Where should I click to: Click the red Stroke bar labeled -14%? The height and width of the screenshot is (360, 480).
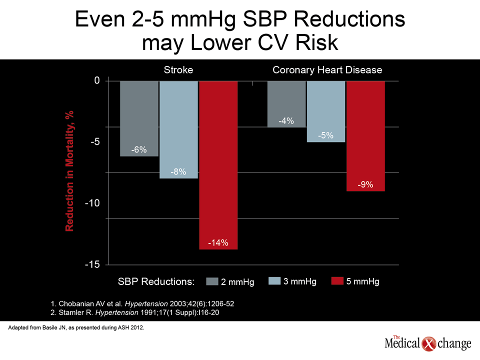coord(218,165)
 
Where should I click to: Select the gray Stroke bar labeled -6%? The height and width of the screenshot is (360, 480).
coord(139,118)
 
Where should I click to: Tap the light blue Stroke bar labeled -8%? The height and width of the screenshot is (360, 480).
coord(179,129)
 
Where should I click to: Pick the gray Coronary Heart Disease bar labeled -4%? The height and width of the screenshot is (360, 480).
coord(286,104)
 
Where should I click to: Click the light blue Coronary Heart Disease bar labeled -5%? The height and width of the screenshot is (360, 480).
coord(326,111)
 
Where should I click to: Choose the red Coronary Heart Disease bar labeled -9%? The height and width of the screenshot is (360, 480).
coord(365,136)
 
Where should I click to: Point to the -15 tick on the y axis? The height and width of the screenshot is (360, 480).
coord(92,264)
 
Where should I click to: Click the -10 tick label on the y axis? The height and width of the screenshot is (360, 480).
coord(92,203)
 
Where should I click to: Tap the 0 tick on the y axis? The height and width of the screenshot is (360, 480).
coord(97,80)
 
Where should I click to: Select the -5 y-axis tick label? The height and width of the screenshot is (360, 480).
coord(95,141)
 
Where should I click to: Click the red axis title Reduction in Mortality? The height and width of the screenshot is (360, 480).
coord(69,171)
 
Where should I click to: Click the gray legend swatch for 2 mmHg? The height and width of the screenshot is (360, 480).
coord(212,281)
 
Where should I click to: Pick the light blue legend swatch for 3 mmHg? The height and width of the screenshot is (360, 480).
coord(274,280)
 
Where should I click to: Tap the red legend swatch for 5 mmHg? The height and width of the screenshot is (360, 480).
coord(337,280)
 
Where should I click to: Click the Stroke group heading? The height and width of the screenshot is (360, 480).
coord(178,70)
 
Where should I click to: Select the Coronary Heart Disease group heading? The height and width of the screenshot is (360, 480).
coord(327,70)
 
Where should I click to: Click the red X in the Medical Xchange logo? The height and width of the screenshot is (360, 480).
coord(428,344)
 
